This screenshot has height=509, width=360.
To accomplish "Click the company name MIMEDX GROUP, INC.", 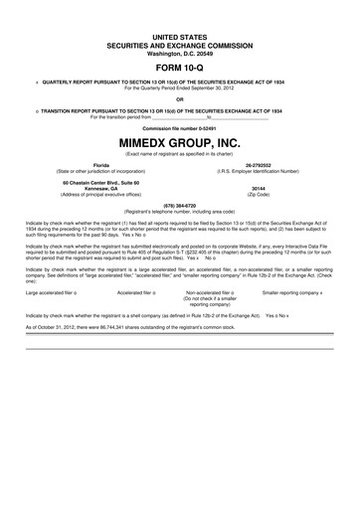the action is click(179, 142).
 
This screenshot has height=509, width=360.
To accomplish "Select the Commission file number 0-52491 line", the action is click(179, 129).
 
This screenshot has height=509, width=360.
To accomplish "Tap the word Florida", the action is click(100, 164).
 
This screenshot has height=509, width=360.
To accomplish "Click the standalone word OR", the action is click(179, 98).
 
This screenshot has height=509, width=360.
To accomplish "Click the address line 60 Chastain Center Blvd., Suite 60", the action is click(100, 181).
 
